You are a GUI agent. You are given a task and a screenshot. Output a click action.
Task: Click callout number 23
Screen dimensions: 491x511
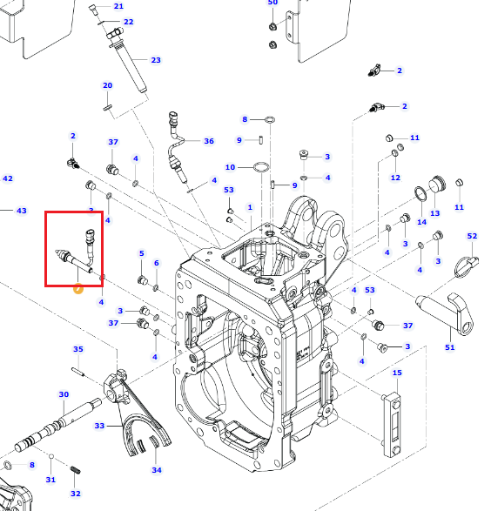point(156,60)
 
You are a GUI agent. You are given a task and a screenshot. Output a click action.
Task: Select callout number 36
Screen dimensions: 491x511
point(209,141)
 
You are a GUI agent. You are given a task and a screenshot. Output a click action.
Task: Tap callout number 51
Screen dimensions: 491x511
point(449,347)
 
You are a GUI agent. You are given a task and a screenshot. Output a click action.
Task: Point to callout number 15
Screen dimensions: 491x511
point(397,373)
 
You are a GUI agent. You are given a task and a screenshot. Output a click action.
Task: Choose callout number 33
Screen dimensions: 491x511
point(99,426)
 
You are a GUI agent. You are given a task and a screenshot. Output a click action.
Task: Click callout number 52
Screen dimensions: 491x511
point(472,236)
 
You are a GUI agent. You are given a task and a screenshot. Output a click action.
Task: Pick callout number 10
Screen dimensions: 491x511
point(230,167)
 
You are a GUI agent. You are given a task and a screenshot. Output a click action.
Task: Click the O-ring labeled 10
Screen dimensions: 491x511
point(261,167)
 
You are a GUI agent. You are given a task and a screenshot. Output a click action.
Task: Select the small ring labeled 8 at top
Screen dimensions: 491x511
point(270,120)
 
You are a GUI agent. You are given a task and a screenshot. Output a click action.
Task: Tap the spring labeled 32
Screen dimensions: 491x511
point(75,470)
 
